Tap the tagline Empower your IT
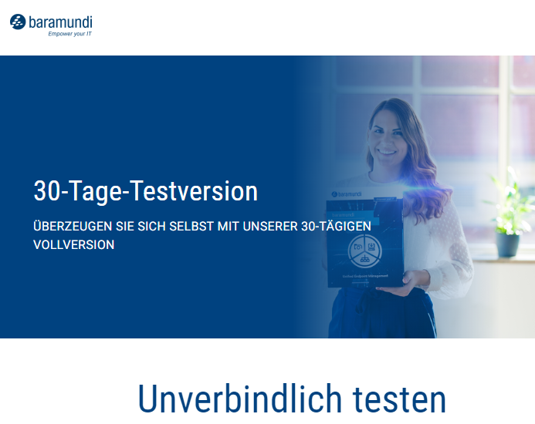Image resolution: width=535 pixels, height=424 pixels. coord(69,35)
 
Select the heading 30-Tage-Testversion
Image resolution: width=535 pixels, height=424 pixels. coord(145,191)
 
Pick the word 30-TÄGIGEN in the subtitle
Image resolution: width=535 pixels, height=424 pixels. coord(336,227)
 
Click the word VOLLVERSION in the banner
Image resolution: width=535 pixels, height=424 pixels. coord(73,244)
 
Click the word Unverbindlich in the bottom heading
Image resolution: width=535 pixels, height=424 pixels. coord(240,399)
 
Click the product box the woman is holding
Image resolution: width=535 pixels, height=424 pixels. coord(363,243)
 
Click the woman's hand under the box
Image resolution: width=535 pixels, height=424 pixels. coord(414,283)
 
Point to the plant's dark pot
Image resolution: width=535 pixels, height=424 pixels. coord(508,244)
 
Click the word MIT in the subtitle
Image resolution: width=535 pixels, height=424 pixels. coord(223,227)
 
